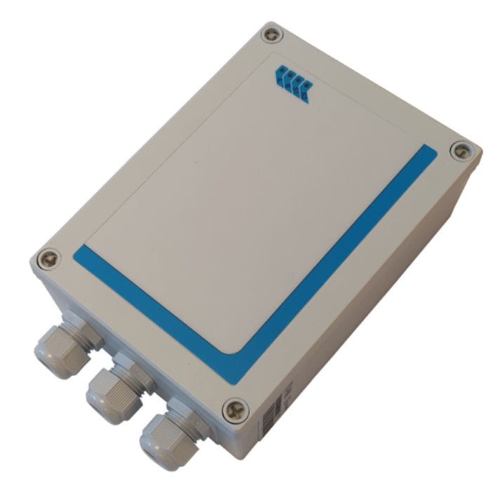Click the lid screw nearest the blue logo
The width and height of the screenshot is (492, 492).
[271, 34]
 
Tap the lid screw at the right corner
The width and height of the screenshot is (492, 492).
[460, 149]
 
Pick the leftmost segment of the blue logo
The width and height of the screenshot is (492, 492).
[280, 74]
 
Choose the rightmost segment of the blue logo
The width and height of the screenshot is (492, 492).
[304, 91]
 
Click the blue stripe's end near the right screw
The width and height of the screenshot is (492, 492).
[427, 154]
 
